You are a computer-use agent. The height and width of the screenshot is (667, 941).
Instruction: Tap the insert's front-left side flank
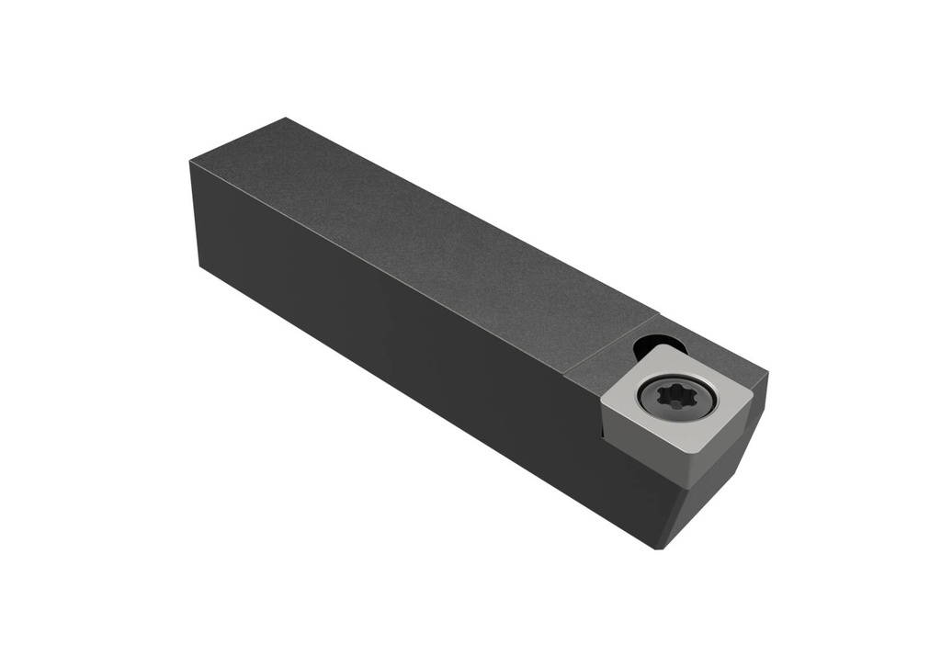click(648, 436)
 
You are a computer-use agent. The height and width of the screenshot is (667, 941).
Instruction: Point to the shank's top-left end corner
click(190, 162)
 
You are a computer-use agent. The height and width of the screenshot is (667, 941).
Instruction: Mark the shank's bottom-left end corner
click(199, 266)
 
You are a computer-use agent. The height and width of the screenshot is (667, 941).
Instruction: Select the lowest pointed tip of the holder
click(658, 548)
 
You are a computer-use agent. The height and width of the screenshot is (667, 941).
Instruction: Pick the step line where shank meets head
click(611, 340)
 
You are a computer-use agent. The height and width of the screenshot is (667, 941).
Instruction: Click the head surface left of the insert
click(588, 377)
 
